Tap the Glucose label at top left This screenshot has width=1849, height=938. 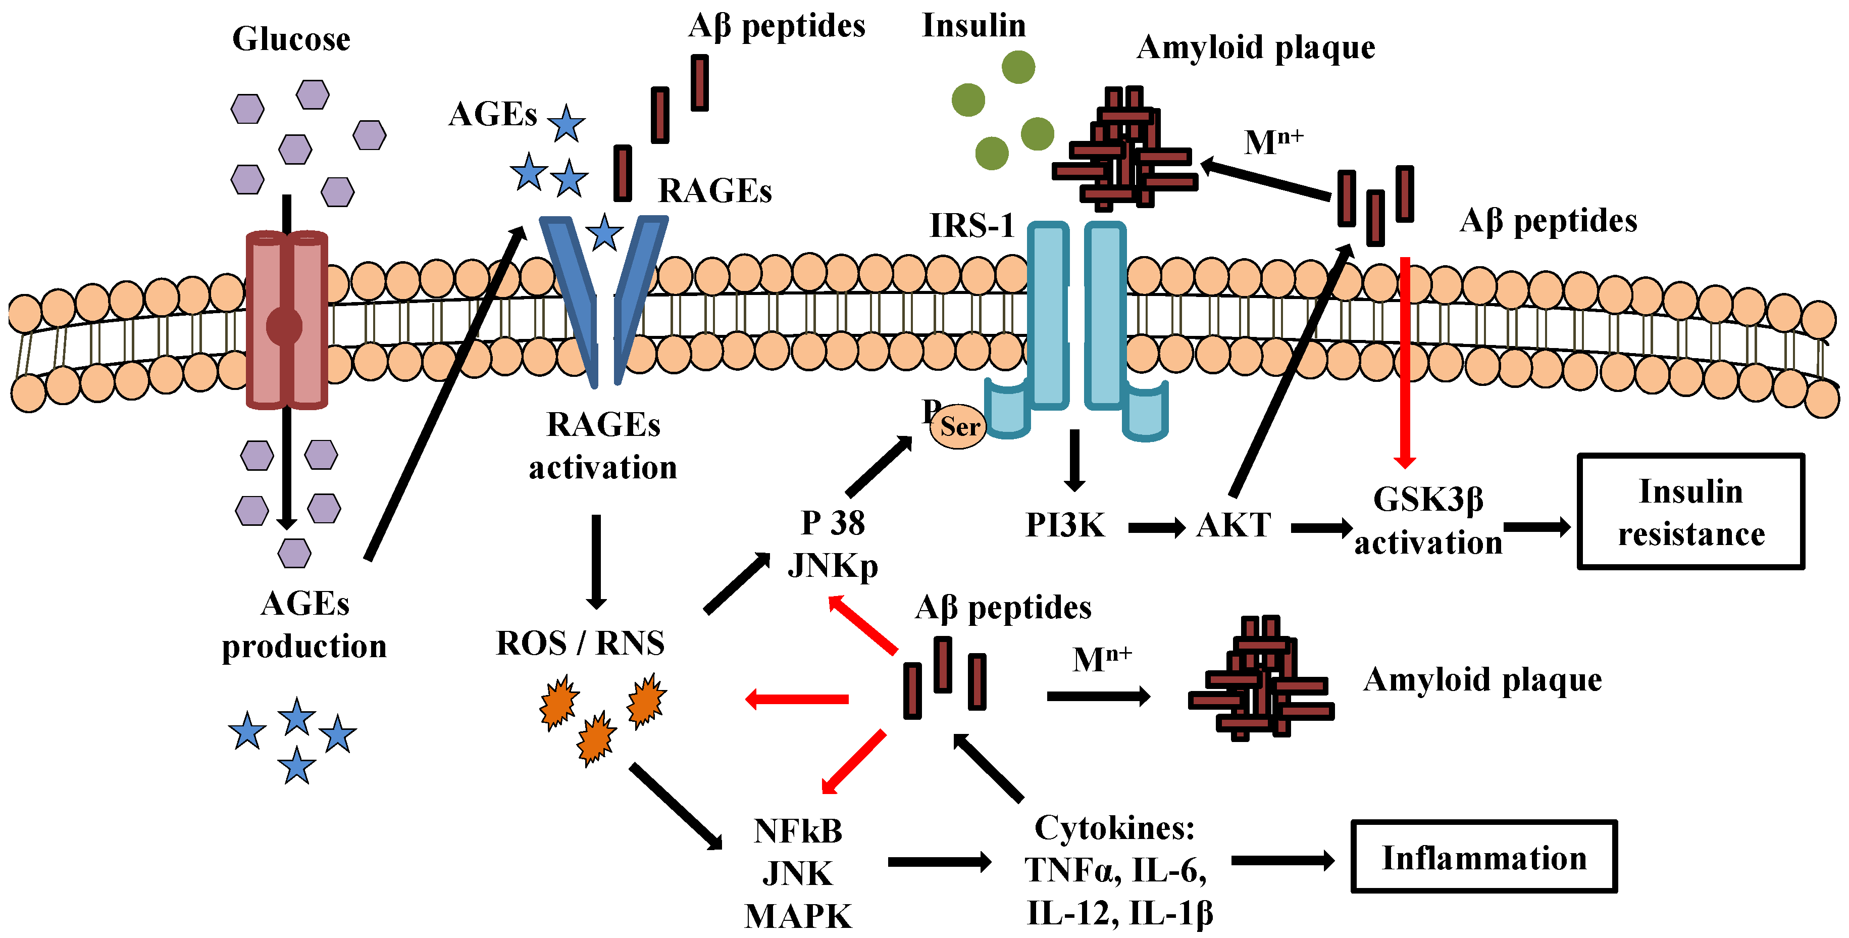pos(291,39)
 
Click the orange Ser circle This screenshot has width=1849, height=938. pos(958,427)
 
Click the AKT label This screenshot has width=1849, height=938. pos(1233,525)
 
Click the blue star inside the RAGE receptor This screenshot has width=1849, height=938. pos(604,233)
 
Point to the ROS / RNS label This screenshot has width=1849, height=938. pos(580,643)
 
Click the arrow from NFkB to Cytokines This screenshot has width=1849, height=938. pos(939,861)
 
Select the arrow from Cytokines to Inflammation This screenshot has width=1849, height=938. pos(1282,860)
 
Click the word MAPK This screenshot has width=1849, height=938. pos(797,916)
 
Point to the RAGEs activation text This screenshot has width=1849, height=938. pos(603,446)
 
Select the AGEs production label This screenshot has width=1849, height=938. pos(304,624)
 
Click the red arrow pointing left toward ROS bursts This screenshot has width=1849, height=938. pos(797,698)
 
